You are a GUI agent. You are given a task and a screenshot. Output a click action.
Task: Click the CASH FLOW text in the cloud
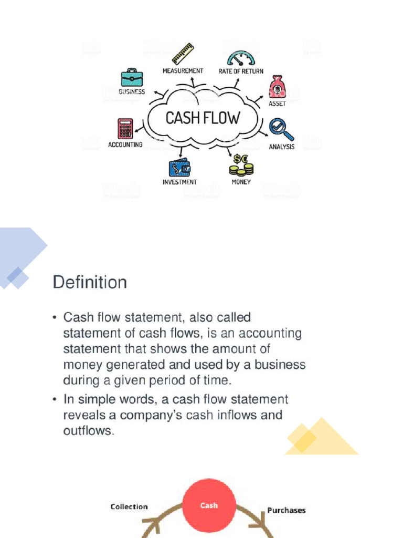[202, 118]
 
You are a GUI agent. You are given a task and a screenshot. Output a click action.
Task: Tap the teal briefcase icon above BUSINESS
[132, 77]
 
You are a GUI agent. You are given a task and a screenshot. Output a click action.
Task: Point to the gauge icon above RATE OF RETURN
[241, 58]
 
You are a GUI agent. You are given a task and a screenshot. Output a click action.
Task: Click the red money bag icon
[277, 87]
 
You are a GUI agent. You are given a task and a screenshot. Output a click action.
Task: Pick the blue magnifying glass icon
[281, 129]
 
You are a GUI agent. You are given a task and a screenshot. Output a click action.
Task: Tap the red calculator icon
[125, 129]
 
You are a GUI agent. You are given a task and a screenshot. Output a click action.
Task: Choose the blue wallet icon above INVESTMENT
[179, 168]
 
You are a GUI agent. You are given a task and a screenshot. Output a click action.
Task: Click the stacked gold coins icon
[241, 165]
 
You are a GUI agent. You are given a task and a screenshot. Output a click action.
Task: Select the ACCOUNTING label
[125, 144]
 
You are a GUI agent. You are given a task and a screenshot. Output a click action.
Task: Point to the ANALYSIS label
[282, 147]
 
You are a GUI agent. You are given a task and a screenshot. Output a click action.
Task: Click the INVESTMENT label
[179, 182]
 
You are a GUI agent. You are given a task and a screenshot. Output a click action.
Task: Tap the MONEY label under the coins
[241, 182]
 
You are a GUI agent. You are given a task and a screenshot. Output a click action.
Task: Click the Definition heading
[90, 283]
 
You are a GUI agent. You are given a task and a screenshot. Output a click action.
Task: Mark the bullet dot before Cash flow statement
[55, 318]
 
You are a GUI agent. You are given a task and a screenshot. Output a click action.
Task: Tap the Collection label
[129, 506]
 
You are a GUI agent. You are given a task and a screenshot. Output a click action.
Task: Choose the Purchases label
[287, 510]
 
